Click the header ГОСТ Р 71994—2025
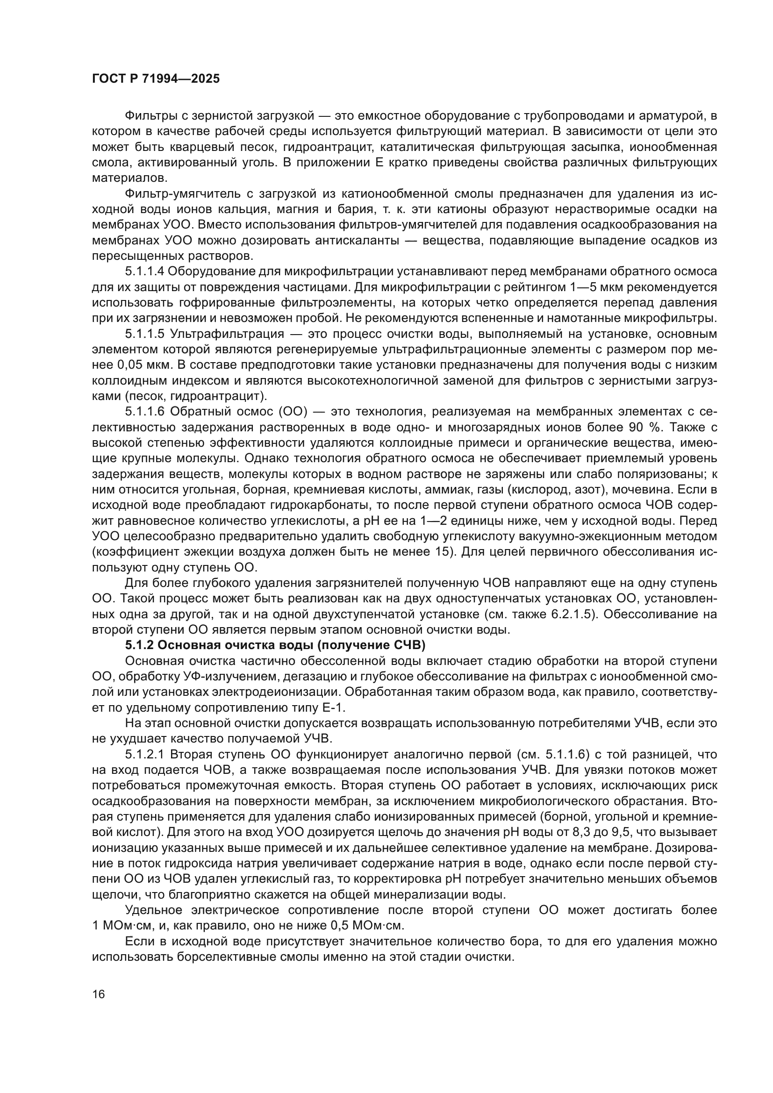[x=156, y=79]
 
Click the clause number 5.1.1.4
[x=144, y=271]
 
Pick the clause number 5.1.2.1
[x=144, y=755]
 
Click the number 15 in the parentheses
[x=444, y=552]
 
